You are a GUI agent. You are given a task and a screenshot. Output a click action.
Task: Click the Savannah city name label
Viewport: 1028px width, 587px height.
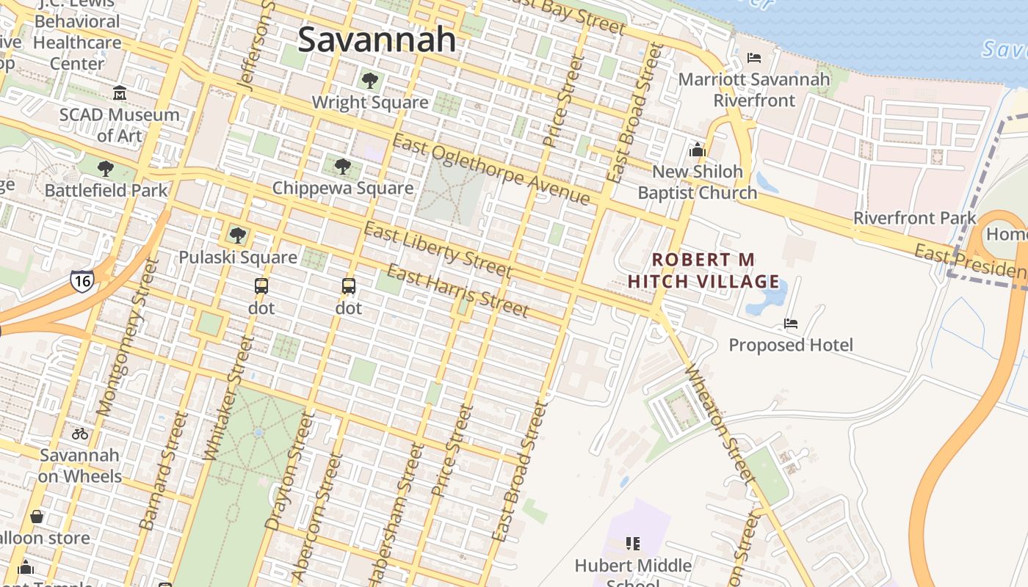tap(377, 39)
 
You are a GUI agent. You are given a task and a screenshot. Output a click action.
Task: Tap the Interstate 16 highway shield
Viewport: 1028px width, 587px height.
tap(82, 280)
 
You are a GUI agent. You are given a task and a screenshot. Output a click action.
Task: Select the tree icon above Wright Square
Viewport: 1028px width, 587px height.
tap(369, 80)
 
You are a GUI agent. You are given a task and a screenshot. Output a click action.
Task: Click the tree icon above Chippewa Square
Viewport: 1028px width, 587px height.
tap(342, 167)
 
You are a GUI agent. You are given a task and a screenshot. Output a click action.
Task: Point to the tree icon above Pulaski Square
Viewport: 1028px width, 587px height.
tap(237, 236)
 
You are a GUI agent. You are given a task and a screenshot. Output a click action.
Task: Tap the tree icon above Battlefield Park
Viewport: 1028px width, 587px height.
tap(106, 169)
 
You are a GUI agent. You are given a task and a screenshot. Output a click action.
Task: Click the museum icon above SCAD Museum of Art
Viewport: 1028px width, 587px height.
tap(119, 93)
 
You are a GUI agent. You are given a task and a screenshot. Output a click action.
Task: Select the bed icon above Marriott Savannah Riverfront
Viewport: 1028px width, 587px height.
tap(753, 57)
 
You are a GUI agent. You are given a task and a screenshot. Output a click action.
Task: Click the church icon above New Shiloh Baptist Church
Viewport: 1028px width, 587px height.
tap(697, 150)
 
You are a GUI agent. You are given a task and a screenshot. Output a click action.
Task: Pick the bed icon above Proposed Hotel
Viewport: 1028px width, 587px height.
tap(791, 323)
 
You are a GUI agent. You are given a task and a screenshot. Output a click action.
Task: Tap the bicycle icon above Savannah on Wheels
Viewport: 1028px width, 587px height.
tap(80, 434)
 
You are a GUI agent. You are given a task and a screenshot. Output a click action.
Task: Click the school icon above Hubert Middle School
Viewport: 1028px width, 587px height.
tap(633, 544)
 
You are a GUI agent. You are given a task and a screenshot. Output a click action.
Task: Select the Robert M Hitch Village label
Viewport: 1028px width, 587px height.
tap(703, 271)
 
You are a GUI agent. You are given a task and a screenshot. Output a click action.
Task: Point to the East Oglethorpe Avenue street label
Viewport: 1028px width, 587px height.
tap(491, 170)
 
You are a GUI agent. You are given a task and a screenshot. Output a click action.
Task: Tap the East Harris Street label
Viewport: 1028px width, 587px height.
tap(457, 291)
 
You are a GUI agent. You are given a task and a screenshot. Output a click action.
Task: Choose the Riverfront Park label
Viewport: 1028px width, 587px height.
tap(914, 218)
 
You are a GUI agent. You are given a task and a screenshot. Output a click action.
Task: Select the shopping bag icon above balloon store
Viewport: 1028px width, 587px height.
tap(36, 517)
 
